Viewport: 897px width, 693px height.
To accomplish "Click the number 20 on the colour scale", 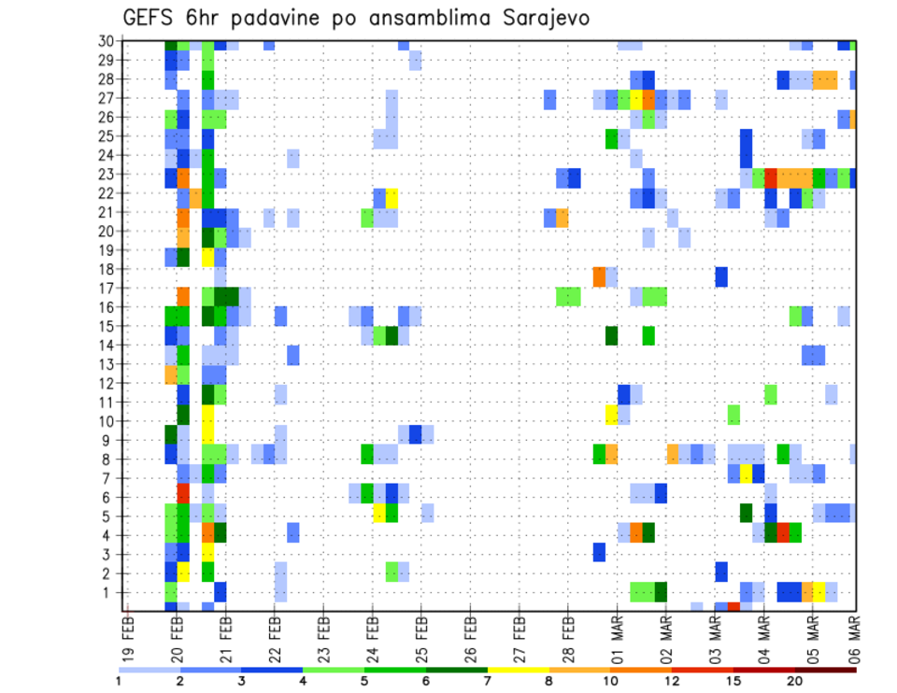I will (795, 681).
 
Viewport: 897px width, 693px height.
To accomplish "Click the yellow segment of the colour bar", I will (519, 669).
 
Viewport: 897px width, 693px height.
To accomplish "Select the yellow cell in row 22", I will (392, 198).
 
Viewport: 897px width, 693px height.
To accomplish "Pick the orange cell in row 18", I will (599, 276).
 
